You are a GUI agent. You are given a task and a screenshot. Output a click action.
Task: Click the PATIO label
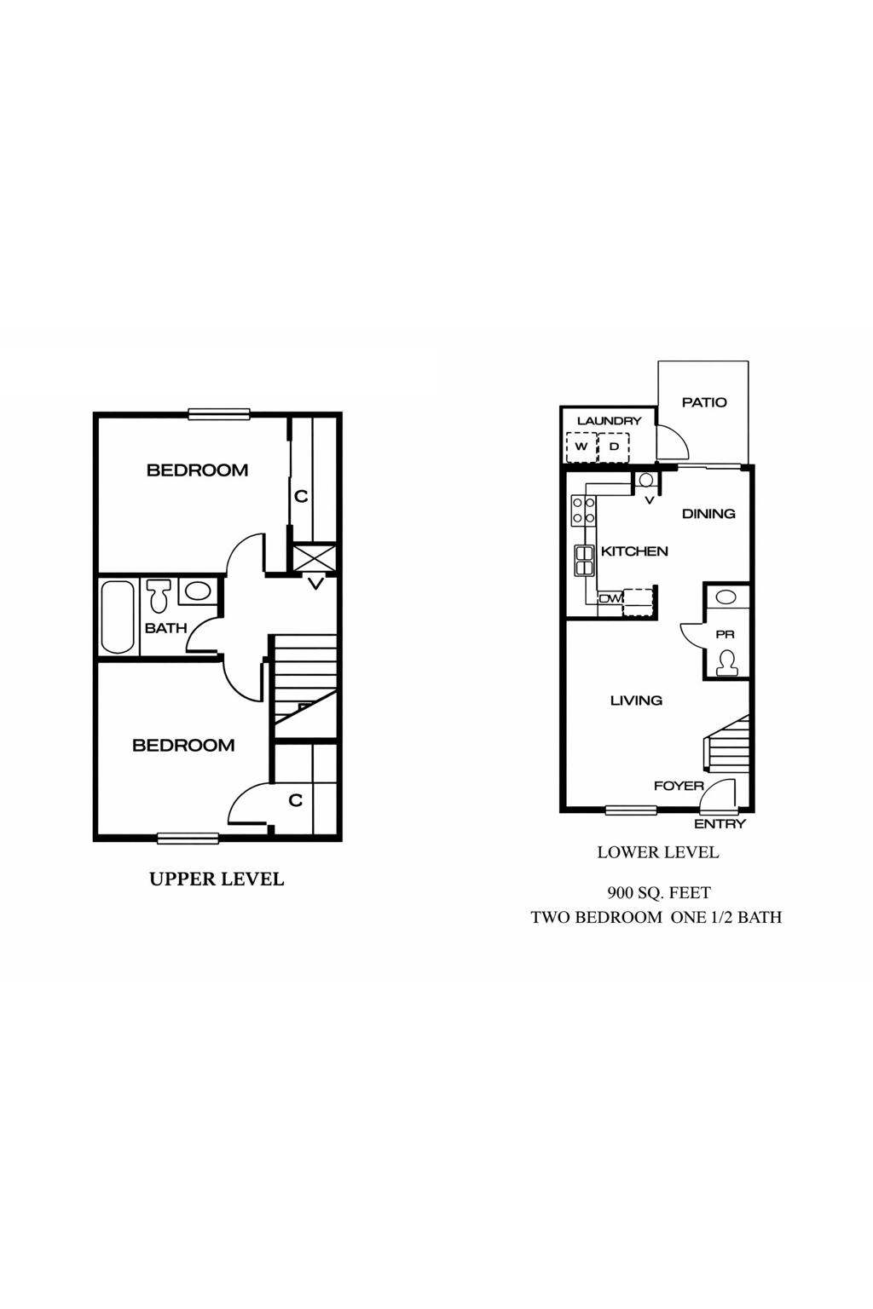coord(704,402)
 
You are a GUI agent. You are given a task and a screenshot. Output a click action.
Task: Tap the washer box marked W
coord(581,447)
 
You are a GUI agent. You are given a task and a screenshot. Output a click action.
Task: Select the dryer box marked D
coord(613,447)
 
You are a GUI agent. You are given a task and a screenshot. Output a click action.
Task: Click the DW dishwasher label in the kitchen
coord(610,598)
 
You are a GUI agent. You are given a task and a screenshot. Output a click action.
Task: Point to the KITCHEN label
coord(634,551)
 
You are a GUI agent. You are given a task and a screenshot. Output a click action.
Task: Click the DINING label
coord(708,514)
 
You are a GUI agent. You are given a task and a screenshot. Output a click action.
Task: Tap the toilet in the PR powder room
coord(727,662)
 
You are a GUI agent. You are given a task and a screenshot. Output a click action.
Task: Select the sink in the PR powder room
coord(726,597)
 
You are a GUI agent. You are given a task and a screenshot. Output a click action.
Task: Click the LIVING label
coord(636,701)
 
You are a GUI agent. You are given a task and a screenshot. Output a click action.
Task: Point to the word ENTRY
coord(720,824)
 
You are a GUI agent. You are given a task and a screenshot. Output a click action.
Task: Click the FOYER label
coord(679,786)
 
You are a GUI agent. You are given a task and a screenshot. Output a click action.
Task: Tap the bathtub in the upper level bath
coord(119,617)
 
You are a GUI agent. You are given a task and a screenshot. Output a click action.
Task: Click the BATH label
coord(165,628)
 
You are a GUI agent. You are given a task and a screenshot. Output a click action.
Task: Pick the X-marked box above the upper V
coord(315,559)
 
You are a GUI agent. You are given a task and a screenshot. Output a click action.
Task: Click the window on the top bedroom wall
coord(219,415)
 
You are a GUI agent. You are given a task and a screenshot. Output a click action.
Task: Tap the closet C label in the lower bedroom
coord(296,800)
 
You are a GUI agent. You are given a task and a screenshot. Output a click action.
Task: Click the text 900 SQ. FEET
coord(658,893)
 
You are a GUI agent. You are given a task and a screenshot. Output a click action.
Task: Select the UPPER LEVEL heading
coord(217,879)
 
